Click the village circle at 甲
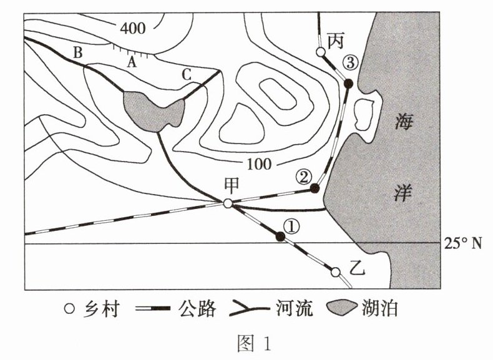(x=228, y=203)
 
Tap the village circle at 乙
(x=335, y=272)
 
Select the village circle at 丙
(x=320, y=52)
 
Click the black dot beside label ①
(x=280, y=236)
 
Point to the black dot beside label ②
(x=315, y=188)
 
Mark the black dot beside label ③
(x=349, y=83)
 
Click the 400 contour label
(x=134, y=28)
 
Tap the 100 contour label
(x=260, y=165)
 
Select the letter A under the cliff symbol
(x=131, y=62)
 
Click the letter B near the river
(x=78, y=53)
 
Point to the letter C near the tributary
(x=186, y=74)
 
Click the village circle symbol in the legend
(x=70, y=308)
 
